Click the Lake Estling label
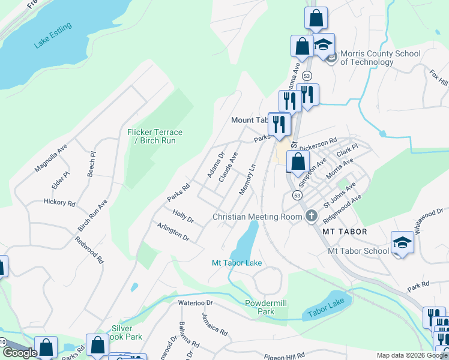[x=53, y=36]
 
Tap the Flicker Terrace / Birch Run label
[x=155, y=136]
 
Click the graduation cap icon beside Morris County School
[x=324, y=46]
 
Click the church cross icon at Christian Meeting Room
[x=311, y=217]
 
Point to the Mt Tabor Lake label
[x=237, y=263]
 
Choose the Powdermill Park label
[x=268, y=307]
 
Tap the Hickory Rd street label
[x=59, y=203]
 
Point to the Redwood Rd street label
[x=89, y=250]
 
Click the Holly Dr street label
[x=182, y=216]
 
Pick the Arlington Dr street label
[x=173, y=232]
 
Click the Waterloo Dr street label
[x=196, y=303]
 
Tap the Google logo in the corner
[x=20, y=353]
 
